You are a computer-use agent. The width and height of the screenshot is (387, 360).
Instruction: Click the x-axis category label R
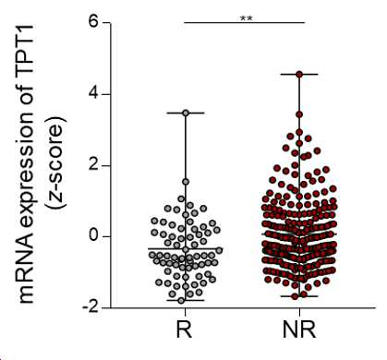click(x=185, y=330)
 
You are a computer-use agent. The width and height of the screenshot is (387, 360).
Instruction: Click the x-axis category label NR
click(x=299, y=330)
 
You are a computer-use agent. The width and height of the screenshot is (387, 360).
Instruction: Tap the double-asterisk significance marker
click(x=247, y=18)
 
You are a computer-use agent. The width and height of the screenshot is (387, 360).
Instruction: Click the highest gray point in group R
click(x=186, y=113)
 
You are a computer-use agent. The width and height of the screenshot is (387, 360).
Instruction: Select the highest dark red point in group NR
click(x=299, y=74)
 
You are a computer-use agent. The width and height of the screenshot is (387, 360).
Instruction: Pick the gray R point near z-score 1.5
click(x=186, y=182)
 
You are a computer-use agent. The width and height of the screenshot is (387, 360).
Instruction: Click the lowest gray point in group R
click(x=181, y=301)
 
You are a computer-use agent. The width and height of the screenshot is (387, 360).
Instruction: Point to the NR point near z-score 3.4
click(x=299, y=114)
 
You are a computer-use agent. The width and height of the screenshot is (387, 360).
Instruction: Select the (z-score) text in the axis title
click(x=56, y=162)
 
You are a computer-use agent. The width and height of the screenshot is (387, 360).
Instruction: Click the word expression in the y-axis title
click(x=26, y=163)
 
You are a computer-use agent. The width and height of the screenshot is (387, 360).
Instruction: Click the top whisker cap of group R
click(x=186, y=113)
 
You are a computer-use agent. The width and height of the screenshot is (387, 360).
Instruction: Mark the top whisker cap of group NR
click(x=299, y=74)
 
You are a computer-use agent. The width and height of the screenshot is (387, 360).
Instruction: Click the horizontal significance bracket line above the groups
click(x=244, y=22)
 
